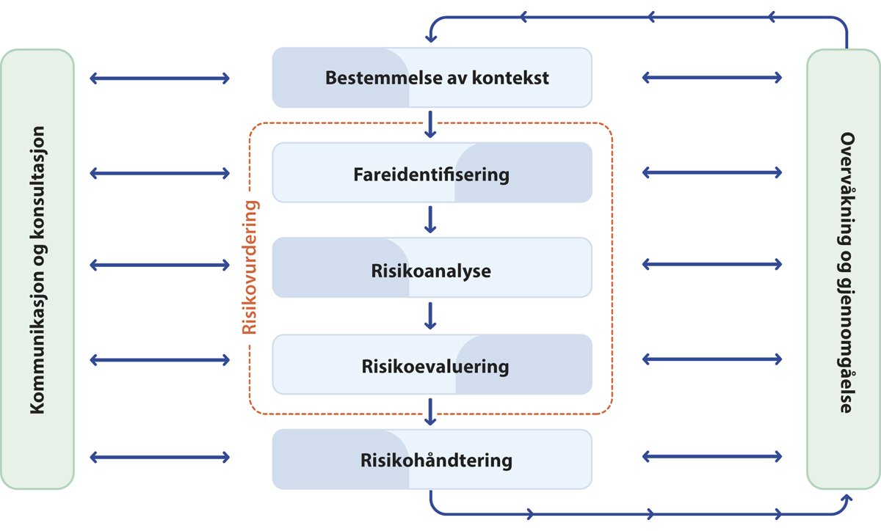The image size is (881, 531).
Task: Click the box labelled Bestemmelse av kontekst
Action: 432,77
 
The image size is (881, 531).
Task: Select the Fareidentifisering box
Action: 432,174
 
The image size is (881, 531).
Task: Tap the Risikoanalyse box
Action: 432,269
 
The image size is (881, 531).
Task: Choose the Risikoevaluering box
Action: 432,365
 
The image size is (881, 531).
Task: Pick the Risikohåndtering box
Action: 432,460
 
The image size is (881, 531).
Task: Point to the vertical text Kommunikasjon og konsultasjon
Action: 37,270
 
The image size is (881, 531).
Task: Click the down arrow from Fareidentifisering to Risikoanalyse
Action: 431,219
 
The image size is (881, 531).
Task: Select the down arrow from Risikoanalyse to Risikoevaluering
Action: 431,315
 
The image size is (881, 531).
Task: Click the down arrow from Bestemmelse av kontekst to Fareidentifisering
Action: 431,123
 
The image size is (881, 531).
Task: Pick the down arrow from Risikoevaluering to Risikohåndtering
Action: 431,411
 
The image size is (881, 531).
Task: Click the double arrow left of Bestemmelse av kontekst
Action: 159,77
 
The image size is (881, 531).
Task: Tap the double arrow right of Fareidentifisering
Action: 712,173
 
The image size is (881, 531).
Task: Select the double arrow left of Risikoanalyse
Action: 159,265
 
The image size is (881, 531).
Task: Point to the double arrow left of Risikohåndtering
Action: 159,457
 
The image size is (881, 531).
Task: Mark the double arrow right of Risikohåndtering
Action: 712,457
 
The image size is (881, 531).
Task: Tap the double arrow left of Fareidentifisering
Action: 159,173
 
